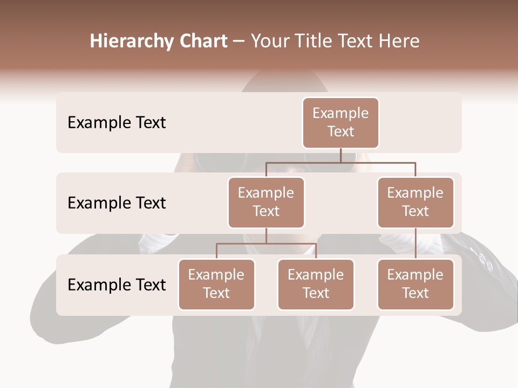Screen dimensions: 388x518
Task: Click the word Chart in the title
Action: click(202, 41)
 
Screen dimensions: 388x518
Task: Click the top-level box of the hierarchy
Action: click(340, 123)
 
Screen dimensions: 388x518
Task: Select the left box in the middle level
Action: click(266, 203)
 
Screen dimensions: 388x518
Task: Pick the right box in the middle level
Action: click(415, 203)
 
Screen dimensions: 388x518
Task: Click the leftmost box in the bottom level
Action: click(216, 285)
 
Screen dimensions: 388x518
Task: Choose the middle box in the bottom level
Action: click(316, 285)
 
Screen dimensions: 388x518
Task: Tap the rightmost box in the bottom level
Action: click(415, 285)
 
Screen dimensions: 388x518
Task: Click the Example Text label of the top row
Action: click(117, 123)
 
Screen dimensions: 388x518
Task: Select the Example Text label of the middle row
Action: click(117, 203)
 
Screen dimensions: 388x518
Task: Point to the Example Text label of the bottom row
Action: click(117, 285)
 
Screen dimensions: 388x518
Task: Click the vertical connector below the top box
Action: click(340, 155)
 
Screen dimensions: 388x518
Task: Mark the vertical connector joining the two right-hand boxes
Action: click(415, 244)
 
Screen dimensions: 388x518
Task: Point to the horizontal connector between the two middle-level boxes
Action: click(340, 162)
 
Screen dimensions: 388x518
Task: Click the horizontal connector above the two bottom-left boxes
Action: click(266, 244)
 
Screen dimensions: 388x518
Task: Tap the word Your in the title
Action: click(270, 41)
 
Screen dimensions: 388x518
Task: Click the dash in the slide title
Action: click(239, 41)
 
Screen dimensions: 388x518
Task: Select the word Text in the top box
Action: click(340, 131)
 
